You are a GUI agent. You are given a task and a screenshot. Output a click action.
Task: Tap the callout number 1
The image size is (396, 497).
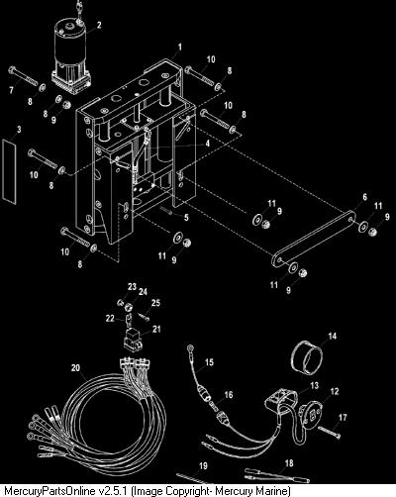pyautogui.click(x=180, y=48)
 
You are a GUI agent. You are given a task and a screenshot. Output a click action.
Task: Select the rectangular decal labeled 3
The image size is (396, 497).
pyautogui.click(x=10, y=170)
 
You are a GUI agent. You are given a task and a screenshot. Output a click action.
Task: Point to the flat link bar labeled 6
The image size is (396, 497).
pyautogui.click(x=314, y=237)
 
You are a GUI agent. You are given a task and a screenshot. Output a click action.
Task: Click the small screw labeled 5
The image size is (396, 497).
pyautogui.click(x=166, y=210)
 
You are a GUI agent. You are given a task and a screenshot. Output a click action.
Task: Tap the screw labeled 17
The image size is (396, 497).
pyautogui.click(x=329, y=432)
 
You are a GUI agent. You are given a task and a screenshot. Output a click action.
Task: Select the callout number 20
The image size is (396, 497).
pyautogui.click(x=75, y=367)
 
